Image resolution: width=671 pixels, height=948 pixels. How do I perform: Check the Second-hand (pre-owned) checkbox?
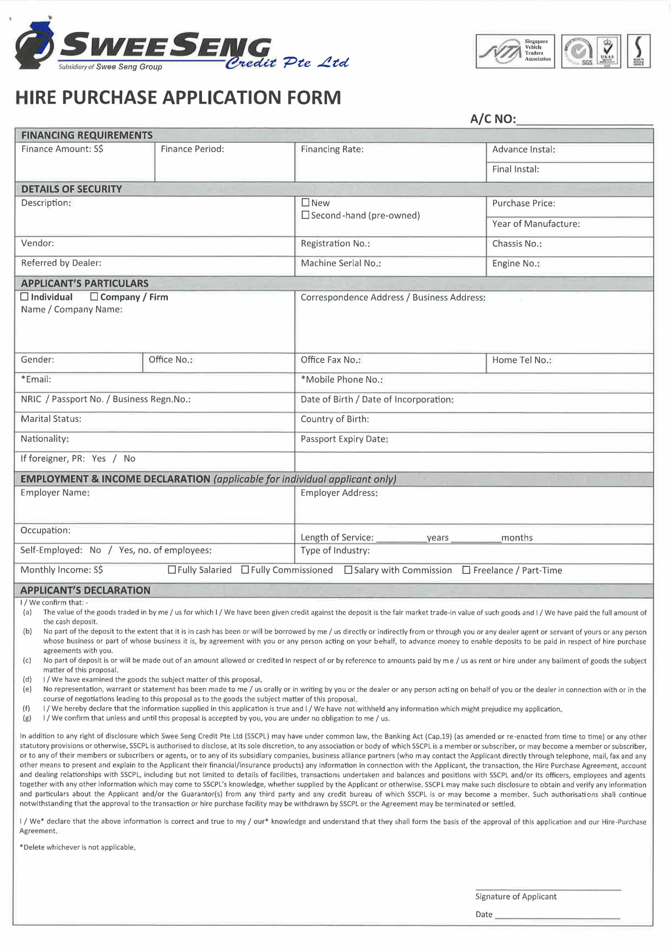tap(305, 215)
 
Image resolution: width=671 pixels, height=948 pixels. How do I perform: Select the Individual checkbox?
tap(24, 296)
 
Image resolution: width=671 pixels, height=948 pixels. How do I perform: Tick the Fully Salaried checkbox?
tap(172, 570)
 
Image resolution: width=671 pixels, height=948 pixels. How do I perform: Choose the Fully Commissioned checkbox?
tap(245, 570)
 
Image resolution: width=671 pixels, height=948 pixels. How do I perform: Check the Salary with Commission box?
tap(348, 570)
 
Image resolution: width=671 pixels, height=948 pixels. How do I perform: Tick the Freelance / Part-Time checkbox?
tap(466, 570)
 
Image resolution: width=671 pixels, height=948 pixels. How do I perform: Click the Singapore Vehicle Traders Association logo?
tap(515, 51)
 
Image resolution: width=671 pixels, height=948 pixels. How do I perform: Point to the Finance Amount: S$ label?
tap(62, 149)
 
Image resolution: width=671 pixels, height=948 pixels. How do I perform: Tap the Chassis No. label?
tap(517, 244)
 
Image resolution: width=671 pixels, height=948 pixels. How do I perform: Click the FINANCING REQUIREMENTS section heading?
tap(87, 135)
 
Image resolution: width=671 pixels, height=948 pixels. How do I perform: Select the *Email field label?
tap(36, 379)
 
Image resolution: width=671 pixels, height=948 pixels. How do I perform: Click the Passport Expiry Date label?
tap(344, 439)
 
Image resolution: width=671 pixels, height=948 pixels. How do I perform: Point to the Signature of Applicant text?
tap(516, 896)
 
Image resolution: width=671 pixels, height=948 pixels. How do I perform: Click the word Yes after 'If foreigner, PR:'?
tap(99, 458)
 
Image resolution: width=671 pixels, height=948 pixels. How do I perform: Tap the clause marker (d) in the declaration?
tap(27, 679)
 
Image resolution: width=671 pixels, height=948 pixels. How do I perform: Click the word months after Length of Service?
tap(517, 538)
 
